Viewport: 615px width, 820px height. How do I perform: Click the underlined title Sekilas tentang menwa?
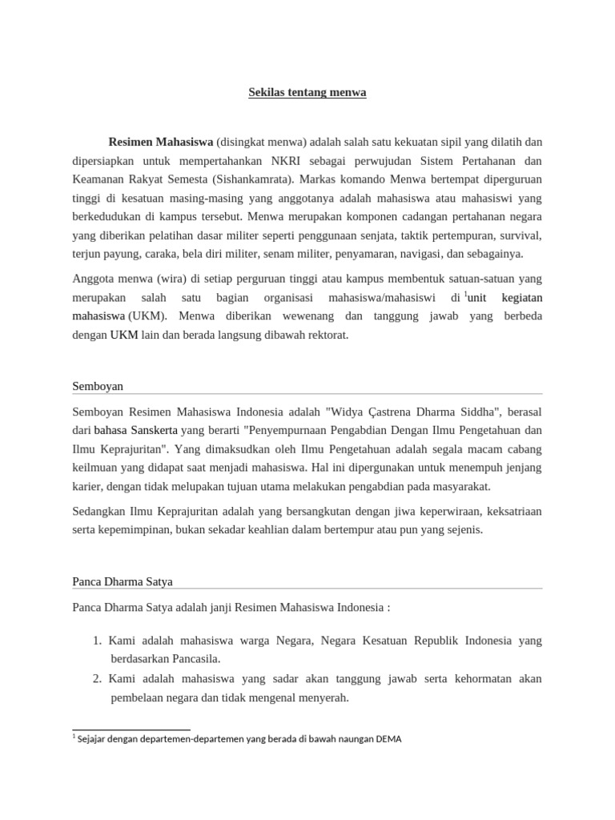pos(307,92)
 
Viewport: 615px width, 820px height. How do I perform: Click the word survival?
pos(519,235)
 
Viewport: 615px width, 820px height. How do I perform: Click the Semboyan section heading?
pos(98,386)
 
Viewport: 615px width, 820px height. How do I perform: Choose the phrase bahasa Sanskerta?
pos(135,431)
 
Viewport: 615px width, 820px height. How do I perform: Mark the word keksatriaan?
pos(507,512)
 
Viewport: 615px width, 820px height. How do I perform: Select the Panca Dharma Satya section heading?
pos(122,581)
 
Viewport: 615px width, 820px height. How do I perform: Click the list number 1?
pos(96,641)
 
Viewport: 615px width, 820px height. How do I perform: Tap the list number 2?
pos(96,678)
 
